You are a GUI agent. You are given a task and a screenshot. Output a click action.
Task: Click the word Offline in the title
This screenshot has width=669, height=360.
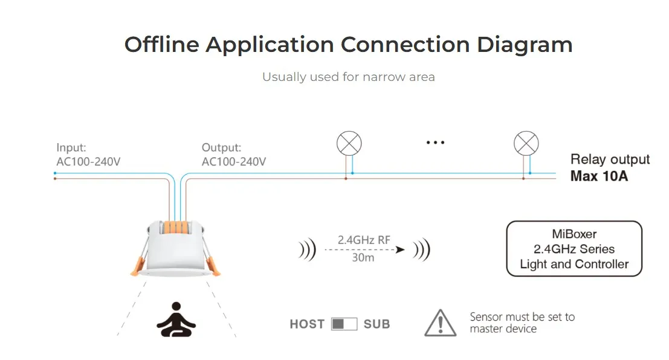pyautogui.click(x=160, y=45)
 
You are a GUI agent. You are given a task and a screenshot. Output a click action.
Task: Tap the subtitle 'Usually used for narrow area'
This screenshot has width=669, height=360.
pyautogui.click(x=348, y=77)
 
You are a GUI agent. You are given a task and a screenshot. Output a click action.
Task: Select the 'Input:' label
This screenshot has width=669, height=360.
pyautogui.click(x=71, y=147)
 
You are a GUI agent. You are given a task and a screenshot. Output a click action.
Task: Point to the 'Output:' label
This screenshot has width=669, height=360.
pyautogui.click(x=221, y=147)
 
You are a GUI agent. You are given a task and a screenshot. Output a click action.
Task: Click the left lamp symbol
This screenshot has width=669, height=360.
pyautogui.click(x=349, y=144)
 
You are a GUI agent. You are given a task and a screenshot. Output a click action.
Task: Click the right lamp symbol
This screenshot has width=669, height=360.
pyautogui.click(x=526, y=144)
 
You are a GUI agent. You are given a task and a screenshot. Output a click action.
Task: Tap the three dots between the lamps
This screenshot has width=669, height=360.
pyautogui.click(x=435, y=143)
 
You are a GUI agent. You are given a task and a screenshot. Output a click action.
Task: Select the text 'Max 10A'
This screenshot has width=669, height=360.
pyautogui.click(x=599, y=177)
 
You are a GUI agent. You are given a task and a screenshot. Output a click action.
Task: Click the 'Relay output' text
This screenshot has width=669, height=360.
pyautogui.click(x=610, y=159)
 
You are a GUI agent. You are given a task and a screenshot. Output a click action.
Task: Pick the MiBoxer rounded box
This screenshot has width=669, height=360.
pyautogui.click(x=574, y=249)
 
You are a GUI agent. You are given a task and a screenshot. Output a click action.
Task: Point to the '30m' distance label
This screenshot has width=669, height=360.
pyautogui.click(x=363, y=258)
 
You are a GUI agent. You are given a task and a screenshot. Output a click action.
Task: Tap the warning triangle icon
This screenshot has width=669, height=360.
pyautogui.click(x=441, y=323)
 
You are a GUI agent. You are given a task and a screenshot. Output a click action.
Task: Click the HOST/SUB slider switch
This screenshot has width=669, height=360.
pyautogui.click(x=344, y=324)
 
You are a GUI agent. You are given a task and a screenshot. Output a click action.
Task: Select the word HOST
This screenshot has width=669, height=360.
pyautogui.click(x=307, y=324)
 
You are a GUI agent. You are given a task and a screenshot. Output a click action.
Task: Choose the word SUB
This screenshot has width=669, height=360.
pyautogui.click(x=377, y=324)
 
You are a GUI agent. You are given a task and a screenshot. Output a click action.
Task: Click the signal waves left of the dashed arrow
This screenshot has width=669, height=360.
pyautogui.click(x=307, y=249)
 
